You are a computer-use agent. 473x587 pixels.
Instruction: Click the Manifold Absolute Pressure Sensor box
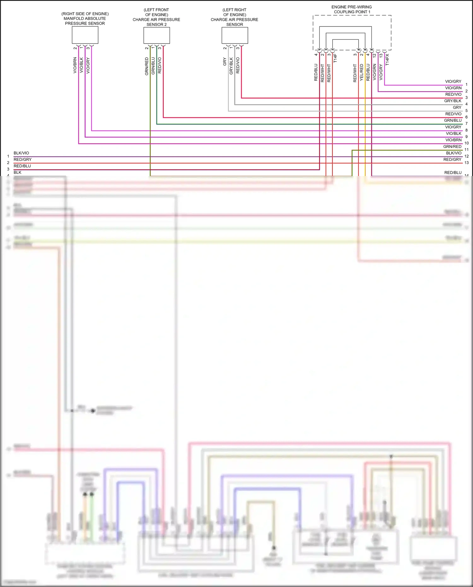pos(85,35)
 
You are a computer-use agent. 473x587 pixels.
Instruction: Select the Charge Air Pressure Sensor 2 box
pos(156,35)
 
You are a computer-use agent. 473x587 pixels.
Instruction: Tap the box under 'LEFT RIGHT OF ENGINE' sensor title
pos(235,35)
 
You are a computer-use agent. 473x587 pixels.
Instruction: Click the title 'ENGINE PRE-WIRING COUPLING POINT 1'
pos(352,9)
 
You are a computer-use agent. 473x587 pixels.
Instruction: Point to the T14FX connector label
pos(388,60)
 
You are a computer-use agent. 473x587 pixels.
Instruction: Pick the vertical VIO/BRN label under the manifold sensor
pos(75,65)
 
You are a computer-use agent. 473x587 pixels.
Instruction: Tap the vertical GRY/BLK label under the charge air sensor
pos(231,66)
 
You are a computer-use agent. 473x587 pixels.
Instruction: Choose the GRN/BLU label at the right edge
pos(453,120)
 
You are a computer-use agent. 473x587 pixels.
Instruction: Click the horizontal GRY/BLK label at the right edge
pos(453,101)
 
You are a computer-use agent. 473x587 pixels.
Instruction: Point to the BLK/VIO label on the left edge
pos(21,153)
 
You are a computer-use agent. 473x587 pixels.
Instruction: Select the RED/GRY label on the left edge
pos(22,160)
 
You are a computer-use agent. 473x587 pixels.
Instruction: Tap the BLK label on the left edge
pos(17,173)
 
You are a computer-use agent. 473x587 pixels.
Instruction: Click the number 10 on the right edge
pos(467,143)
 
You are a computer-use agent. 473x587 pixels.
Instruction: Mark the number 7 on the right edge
pos(467,124)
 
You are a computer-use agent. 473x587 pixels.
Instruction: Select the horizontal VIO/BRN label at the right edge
pos(453,140)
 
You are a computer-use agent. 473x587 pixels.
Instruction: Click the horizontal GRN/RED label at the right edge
pos(452,147)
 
